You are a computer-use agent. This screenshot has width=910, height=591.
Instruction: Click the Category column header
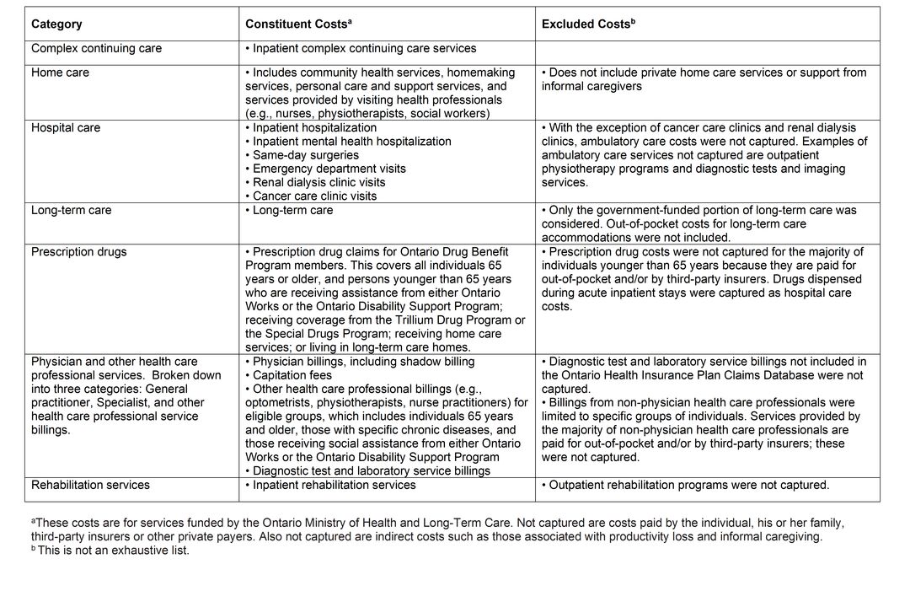tap(56, 24)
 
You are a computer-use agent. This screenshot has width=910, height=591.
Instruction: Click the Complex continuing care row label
tap(96, 49)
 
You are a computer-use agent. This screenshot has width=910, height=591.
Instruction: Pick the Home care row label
tap(60, 73)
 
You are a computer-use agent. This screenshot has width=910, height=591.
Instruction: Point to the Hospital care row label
tap(66, 128)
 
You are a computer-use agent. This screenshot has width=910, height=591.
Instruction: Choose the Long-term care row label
tap(71, 210)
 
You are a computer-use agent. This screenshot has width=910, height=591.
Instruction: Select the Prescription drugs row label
tap(78, 251)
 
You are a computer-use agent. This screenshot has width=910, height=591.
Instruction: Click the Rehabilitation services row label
tap(90, 485)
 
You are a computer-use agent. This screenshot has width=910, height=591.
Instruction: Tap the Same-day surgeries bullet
tap(305, 155)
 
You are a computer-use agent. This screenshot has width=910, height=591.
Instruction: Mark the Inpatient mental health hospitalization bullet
tap(351, 142)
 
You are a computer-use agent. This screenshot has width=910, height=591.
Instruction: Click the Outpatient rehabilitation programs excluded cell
tap(685, 485)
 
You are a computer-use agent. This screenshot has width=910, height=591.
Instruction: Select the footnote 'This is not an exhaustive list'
tap(110, 551)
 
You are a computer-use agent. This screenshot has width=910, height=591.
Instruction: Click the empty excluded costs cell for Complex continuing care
tap(707, 52)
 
